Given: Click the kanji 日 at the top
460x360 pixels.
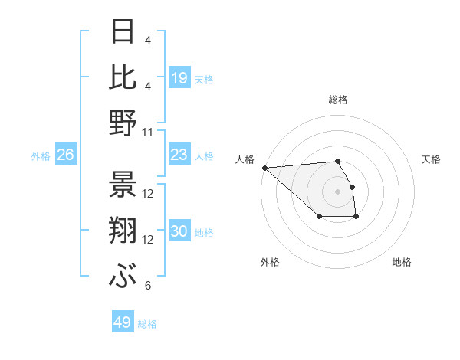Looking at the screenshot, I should [123, 32].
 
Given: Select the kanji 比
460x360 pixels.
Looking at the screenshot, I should [123, 77].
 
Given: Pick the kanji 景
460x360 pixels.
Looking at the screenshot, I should [123, 184].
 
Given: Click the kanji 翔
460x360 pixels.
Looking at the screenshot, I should [123, 231].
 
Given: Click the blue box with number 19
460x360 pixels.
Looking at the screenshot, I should [179, 77].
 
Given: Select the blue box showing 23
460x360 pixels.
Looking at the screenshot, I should [179, 155].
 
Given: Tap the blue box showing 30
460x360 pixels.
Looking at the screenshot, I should [179, 232].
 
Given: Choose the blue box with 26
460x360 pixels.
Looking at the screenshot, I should [66, 155].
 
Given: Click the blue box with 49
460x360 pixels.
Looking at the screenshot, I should [123, 322].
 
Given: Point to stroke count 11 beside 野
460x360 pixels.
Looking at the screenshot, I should [149, 133].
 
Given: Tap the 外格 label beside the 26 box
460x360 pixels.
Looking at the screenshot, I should [41, 156].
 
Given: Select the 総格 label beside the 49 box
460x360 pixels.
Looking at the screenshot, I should [148, 324].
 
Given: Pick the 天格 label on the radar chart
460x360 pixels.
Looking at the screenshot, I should [431, 159].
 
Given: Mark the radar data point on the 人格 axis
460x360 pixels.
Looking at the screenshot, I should [264, 168].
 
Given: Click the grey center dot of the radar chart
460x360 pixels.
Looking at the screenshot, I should [337, 191].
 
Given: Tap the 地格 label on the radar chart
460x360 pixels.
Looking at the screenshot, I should [402, 262].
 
